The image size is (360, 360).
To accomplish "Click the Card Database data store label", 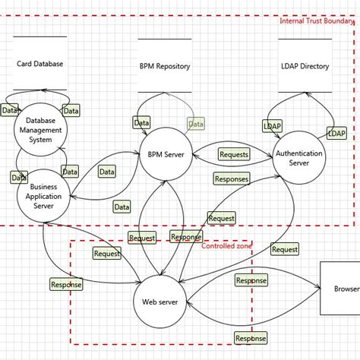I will (x=39, y=64).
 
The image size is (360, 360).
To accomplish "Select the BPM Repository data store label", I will (x=164, y=67).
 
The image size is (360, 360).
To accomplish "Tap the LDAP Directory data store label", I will (x=304, y=67).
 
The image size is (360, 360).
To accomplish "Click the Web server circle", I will (x=159, y=302).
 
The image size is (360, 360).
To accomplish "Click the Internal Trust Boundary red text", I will (x=317, y=21).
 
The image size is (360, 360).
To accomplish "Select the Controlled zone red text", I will (x=227, y=246).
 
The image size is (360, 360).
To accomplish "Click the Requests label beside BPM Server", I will (x=233, y=154).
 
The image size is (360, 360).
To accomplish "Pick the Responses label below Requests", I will (x=232, y=179).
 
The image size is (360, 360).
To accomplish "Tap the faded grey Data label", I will (x=196, y=124).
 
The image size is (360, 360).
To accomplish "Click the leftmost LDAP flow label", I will (x=272, y=126).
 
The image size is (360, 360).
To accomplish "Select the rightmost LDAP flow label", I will (x=336, y=133).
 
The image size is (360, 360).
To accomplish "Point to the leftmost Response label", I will (x=66, y=285).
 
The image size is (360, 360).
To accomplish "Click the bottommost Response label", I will (x=251, y=338).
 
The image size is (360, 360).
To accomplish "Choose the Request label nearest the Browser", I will (x=285, y=249).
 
